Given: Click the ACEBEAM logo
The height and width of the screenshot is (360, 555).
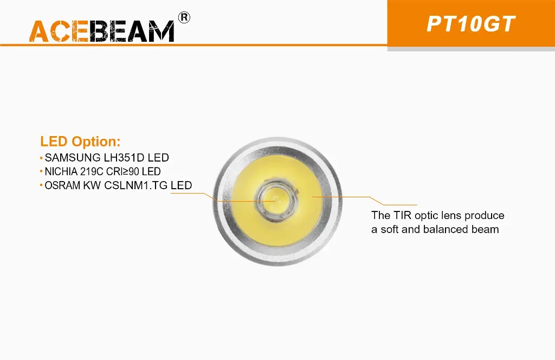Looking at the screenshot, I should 102,31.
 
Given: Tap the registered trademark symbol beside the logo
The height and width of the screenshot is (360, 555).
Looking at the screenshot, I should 184,18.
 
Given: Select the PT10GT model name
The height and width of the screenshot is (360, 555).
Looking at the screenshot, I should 470,24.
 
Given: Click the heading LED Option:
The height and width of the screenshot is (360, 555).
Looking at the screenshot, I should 80,142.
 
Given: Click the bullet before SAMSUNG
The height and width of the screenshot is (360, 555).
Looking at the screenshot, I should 41,158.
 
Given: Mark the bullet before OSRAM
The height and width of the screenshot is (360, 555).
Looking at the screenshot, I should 41,185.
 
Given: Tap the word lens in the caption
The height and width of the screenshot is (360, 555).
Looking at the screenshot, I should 451,216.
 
